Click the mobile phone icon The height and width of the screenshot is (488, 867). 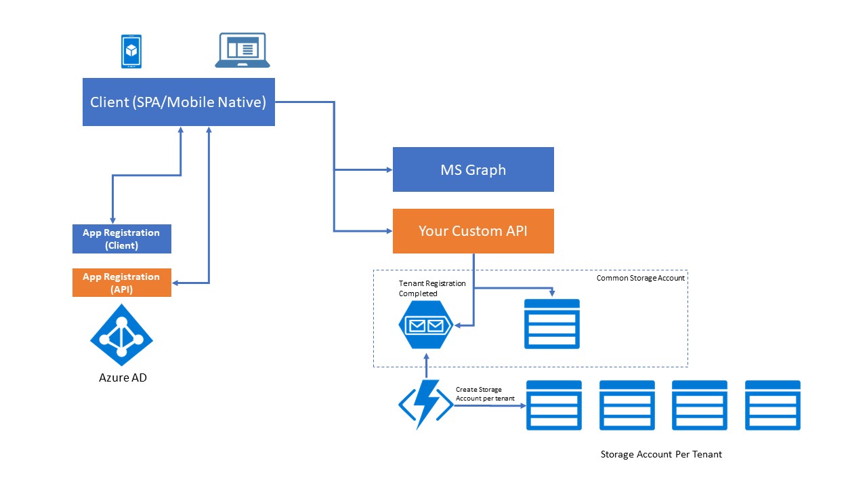click(x=132, y=52)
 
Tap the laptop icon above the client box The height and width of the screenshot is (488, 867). click(x=242, y=51)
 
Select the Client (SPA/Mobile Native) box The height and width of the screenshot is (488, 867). click(x=178, y=102)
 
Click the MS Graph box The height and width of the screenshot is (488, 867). click(x=473, y=169)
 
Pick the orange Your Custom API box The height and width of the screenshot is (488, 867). click(x=473, y=231)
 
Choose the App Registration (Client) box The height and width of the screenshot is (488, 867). click(x=121, y=239)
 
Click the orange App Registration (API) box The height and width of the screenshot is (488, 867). click(x=121, y=283)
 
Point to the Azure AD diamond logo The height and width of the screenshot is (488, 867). click(x=122, y=335)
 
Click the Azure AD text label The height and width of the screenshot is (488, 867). click(x=123, y=378)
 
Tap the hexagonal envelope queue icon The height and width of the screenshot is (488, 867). click(x=425, y=325)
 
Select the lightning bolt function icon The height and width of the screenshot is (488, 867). click(x=425, y=405)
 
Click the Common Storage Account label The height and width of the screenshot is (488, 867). click(x=640, y=278)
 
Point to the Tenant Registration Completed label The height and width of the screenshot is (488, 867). click(x=432, y=288)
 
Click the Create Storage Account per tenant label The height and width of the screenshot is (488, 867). click(x=485, y=394)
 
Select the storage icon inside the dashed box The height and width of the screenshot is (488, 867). click(x=552, y=324)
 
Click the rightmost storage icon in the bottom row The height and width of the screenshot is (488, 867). click(x=772, y=405)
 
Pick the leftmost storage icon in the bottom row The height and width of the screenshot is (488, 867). click(x=554, y=405)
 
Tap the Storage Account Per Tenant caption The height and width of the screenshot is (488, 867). click(x=661, y=454)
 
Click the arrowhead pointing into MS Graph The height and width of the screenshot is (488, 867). click(x=389, y=170)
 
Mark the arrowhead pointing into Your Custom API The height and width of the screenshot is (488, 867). click(x=389, y=231)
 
